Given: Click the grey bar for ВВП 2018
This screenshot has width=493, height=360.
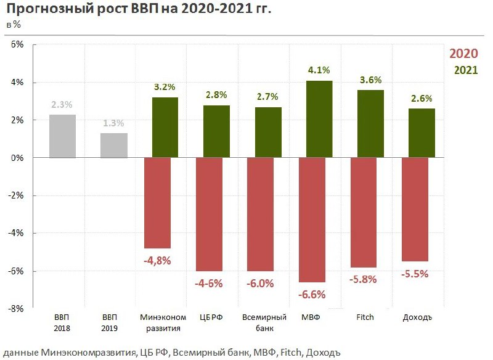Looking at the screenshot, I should pos(63,136).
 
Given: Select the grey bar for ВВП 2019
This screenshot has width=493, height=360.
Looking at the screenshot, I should pos(114,145).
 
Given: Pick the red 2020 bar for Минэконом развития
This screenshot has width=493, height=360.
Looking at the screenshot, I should pos(157,203).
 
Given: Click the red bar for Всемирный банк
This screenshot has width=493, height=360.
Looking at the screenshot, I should pos(261,215).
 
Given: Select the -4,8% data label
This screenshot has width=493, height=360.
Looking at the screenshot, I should pos(157,260).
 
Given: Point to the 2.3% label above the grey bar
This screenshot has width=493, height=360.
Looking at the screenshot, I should pos(62,105).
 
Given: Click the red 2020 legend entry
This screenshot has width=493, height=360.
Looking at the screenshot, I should pos(463,54).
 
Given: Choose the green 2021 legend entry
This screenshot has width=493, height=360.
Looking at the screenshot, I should pos(466,70).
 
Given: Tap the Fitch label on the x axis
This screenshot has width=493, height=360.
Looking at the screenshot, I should pos(365,317).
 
